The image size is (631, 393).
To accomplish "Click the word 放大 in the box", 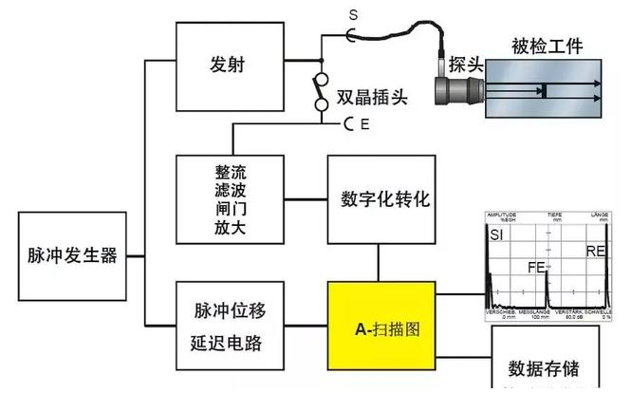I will [x=232, y=227].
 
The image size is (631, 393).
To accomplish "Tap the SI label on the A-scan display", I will [x=496, y=234].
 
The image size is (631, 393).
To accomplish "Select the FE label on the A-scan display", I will [x=537, y=268].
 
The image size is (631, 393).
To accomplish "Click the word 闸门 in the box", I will [x=232, y=209].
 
